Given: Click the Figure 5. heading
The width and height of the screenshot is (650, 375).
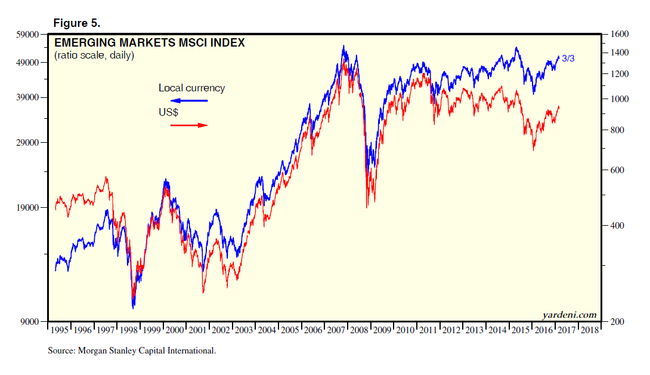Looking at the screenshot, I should click(x=77, y=23).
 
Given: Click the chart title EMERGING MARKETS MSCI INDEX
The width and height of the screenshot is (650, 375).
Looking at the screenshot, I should click(x=149, y=43).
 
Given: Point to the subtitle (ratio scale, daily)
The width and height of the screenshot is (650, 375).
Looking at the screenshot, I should click(x=94, y=56).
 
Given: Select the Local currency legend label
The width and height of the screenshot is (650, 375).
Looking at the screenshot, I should click(x=191, y=88).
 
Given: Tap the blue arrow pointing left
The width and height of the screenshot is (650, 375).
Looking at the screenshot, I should click(x=188, y=100).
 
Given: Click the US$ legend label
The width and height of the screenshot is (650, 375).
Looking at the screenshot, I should click(x=169, y=112).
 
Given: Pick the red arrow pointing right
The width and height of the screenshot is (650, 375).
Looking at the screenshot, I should click(x=188, y=125).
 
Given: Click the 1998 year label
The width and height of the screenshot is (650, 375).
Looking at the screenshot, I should click(x=129, y=330).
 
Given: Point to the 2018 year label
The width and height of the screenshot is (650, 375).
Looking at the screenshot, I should click(x=589, y=330).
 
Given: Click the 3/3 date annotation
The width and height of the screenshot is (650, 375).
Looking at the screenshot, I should click(x=568, y=59).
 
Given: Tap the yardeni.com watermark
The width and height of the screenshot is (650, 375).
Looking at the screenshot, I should click(x=569, y=315).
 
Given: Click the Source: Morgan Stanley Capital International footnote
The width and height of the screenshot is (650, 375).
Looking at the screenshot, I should click(x=132, y=351).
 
